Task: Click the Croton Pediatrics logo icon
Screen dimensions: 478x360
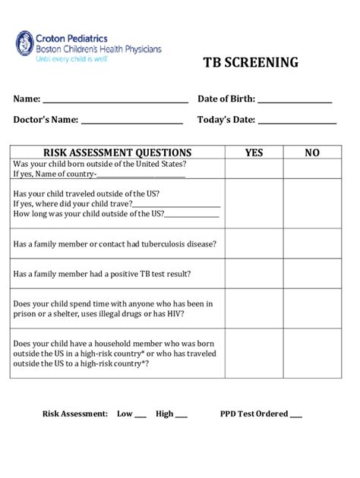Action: point(25,45)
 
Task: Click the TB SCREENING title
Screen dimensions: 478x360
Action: point(250,63)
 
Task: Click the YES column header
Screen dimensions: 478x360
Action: point(254,153)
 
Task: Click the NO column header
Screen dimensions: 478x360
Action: point(312,153)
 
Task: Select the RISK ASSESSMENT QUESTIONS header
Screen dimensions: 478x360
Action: point(118,153)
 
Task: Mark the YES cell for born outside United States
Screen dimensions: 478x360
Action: point(254,169)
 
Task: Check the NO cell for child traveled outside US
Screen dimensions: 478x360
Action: point(312,203)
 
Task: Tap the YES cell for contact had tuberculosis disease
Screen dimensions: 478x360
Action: point(254,244)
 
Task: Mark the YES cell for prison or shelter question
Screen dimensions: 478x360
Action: point(254,308)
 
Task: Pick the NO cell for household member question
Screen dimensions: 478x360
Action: point(312,353)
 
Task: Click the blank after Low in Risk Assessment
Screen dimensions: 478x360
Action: point(140,416)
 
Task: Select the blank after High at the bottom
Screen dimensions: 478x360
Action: point(182,416)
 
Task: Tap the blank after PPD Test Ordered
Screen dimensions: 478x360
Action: point(295,416)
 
